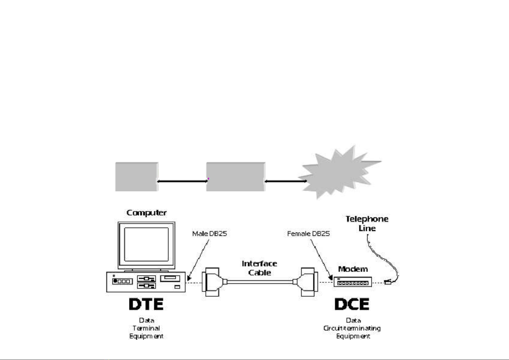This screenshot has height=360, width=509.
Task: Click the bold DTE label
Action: coord(146,304)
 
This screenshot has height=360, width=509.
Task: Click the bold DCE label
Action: coord(352,304)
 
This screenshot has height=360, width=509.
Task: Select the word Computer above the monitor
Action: coord(147,213)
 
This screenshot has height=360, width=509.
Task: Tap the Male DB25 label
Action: coord(209,234)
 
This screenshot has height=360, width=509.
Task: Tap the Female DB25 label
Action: coord(308,234)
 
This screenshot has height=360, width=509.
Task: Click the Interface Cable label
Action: coord(259,268)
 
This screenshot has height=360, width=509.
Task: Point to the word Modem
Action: coord(353,269)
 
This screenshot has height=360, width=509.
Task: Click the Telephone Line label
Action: coord(367,223)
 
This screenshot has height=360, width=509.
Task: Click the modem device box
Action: coord(353,282)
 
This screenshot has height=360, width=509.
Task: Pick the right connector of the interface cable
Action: coord(308,282)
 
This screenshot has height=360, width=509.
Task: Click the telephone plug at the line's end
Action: coord(388,283)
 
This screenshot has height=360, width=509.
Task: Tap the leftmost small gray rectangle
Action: coord(137,177)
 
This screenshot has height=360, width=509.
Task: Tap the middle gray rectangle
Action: coord(236,177)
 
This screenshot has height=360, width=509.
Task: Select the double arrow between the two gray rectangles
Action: coord(182,181)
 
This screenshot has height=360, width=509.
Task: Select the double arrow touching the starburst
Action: coord(286,181)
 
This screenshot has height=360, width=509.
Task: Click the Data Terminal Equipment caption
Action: coord(146,328)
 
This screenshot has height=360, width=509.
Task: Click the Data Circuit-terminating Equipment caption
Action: coord(352,328)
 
